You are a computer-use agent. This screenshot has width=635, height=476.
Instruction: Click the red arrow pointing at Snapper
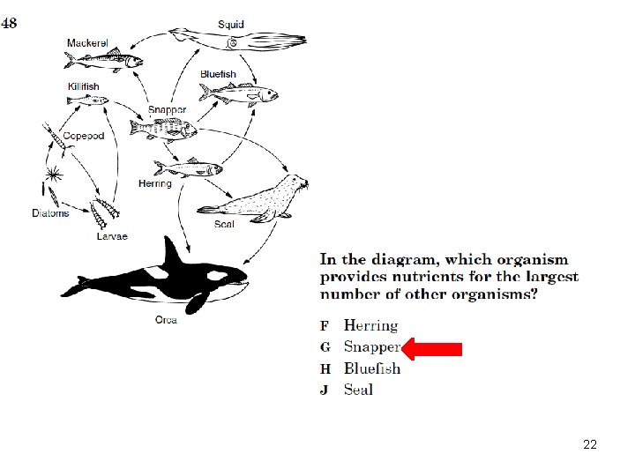tap(431, 349)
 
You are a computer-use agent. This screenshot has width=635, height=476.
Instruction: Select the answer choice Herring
tap(371, 326)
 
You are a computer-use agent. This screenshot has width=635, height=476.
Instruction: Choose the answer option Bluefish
tap(372, 368)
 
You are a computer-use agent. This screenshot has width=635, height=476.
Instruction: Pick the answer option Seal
tap(358, 390)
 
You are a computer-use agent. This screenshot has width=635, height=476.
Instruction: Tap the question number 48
tap(9, 23)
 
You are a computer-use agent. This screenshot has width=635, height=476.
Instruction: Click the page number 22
tap(590, 444)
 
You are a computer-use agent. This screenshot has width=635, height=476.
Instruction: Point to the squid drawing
tap(237, 40)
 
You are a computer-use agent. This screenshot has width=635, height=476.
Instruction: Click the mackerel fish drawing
tap(104, 60)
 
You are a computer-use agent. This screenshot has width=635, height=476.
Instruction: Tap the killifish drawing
tap(87, 100)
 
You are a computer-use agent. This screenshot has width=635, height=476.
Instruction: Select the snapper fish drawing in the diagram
tap(163, 130)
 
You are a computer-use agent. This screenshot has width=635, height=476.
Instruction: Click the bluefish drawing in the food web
tap(238, 94)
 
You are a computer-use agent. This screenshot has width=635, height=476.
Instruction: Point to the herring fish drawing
tap(188, 167)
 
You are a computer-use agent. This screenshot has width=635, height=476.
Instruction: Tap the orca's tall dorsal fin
tap(172, 253)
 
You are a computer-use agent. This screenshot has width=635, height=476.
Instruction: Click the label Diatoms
tap(50, 213)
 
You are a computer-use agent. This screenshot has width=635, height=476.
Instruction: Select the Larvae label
tap(112, 236)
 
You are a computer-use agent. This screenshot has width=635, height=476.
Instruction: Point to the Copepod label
tap(84, 136)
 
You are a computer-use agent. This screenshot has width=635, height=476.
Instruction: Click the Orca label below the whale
tap(166, 320)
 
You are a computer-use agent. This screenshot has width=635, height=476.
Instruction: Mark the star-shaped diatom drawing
tap(54, 175)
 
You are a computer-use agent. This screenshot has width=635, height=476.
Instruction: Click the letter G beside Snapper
tap(325, 347)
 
